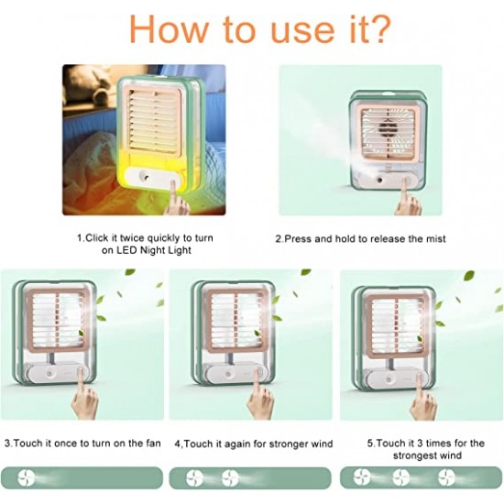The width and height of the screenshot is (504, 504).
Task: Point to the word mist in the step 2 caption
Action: (x=436, y=239)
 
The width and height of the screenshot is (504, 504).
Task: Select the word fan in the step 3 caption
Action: (x=153, y=444)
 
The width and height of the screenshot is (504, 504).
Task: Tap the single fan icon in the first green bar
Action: (x=26, y=477)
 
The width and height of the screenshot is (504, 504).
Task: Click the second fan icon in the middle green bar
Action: (x=230, y=478)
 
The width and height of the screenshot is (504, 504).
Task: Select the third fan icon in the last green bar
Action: (x=447, y=477)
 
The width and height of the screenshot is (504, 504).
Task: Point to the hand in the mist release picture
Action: (x=407, y=197)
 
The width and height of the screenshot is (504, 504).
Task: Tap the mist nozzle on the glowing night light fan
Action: (x=143, y=176)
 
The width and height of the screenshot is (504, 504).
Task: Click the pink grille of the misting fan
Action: (x=390, y=134)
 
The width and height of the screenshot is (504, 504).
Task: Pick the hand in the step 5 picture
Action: (x=423, y=397)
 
